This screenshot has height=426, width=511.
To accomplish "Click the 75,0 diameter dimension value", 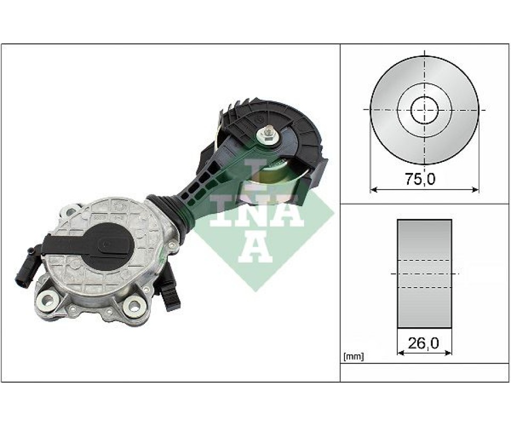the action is pos(419,179).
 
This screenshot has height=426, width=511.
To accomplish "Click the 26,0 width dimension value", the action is pos(423,343).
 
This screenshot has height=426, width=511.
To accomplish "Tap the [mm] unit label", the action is pos(353,357).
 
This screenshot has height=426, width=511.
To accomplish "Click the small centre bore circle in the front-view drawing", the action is pos(424,110).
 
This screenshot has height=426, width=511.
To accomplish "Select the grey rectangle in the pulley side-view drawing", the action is pos(424,274).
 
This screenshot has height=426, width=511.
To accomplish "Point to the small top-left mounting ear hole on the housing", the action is pos(71,213).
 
